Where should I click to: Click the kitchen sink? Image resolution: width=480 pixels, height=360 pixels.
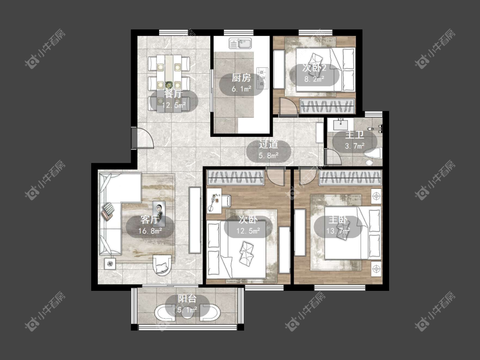(240, 44)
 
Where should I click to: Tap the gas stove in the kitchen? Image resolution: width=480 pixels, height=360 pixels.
(262, 78)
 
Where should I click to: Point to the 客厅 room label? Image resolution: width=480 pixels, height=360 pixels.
(150, 220)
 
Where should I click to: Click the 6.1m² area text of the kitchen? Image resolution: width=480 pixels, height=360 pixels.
(241, 89)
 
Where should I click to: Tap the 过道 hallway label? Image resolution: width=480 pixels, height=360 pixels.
(268, 144)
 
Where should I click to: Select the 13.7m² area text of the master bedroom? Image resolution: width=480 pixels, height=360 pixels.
(338, 231)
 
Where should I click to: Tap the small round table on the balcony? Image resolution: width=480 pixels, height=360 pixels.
(187, 312)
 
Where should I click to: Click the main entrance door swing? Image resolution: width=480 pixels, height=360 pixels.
(143, 138)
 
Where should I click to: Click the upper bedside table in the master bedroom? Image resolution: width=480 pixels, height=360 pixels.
(376, 196)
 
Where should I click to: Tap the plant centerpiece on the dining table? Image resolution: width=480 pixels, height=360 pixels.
(169, 84)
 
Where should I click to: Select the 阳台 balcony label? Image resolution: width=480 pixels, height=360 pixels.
(187, 299)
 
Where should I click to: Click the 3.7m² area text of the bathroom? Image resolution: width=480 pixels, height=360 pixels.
(355, 146)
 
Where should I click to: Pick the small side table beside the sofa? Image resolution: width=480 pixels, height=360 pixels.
(110, 264)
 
